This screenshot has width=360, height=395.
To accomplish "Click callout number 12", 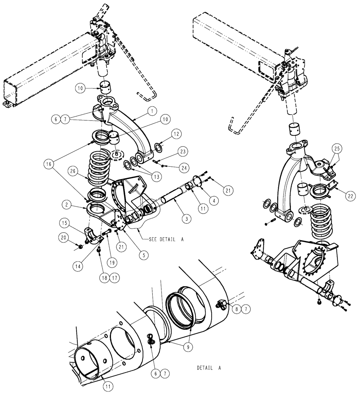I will point(176,135).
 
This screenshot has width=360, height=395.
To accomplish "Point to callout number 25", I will point(336,149).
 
